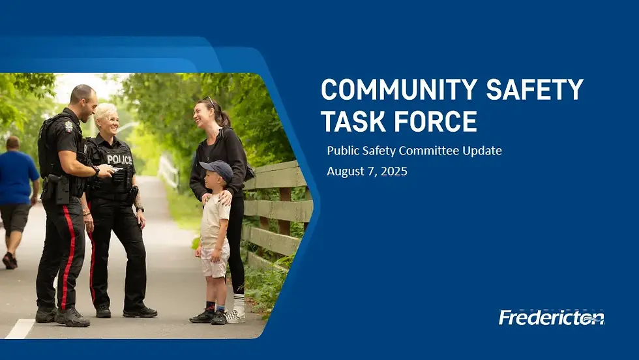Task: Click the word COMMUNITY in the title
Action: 399,89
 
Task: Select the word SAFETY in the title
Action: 535,89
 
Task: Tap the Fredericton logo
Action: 552,317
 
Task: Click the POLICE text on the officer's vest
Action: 119,159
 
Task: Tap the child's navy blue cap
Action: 217,168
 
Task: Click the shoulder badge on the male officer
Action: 68,127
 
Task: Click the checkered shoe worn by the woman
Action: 235,316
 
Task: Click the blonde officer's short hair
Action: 105,110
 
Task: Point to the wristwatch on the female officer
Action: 140,209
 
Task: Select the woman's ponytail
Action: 224,118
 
